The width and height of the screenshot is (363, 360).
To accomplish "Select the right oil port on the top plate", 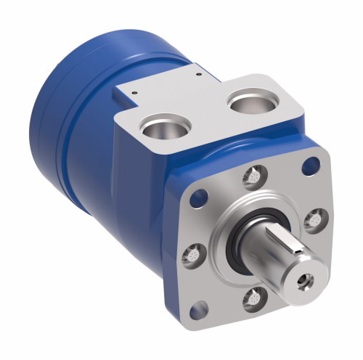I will coord(250,102).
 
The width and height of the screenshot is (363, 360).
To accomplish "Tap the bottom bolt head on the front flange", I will coord(255,298).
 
